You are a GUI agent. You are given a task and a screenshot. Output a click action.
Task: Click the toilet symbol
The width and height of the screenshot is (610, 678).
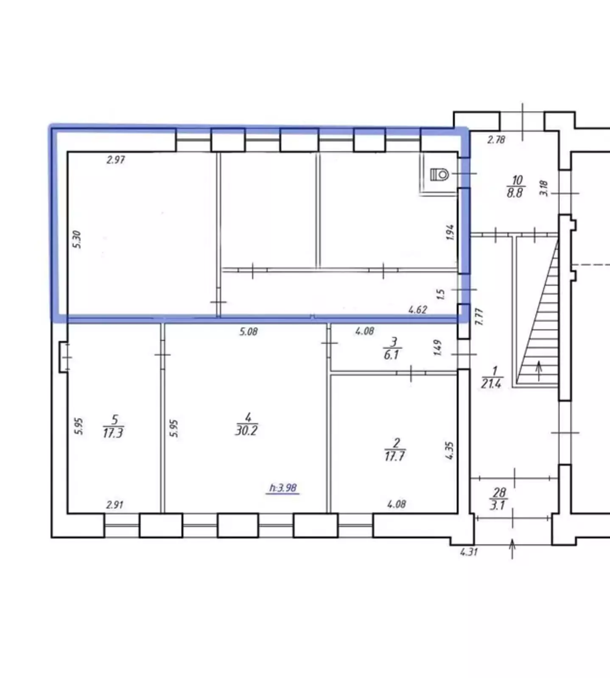[x=439, y=174]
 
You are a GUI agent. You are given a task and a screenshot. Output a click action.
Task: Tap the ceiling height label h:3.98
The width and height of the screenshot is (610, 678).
[x=283, y=488]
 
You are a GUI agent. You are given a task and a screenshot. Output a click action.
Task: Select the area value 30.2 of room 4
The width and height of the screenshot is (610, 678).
[x=246, y=431]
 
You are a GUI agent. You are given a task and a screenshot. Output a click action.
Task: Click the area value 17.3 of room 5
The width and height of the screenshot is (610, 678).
[x=113, y=433]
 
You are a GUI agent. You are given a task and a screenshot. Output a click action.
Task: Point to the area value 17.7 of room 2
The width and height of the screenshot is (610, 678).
[x=395, y=456]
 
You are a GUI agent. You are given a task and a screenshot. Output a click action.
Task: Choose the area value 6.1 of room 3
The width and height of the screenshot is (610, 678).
[x=391, y=354]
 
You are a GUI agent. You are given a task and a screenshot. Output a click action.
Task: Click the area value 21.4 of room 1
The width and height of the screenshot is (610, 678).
[x=491, y=383]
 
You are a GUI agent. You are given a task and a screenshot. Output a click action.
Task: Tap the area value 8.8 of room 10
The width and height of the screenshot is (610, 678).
[x=515, y=193]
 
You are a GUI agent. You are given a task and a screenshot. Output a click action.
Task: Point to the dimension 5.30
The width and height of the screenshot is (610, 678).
[x=77, y=239]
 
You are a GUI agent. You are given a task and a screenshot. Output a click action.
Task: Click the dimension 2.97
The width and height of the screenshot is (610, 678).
[x=116, y=160]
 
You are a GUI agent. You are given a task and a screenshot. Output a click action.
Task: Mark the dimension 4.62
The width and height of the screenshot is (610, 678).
[x=417, y=310]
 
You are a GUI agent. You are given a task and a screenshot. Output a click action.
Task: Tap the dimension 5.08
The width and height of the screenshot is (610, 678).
[x=248, y=331]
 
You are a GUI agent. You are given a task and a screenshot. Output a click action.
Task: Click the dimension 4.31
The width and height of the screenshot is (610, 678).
[x=469, y=552]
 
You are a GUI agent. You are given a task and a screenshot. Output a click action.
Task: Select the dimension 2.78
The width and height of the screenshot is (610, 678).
[x=496, y=139]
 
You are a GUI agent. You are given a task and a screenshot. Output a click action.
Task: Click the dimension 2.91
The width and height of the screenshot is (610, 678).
[x=115, y=505]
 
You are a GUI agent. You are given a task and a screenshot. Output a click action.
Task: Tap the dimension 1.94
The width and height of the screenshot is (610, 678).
[x=450, y=232]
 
